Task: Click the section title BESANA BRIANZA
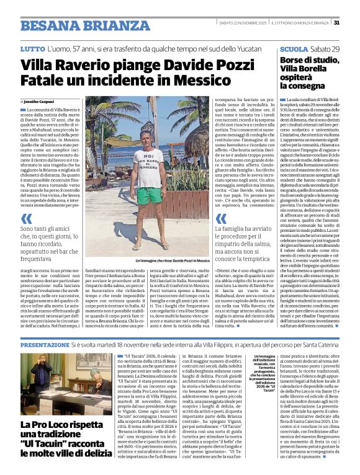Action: tap(75, 25)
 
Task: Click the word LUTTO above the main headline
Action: tap(32, 48)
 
